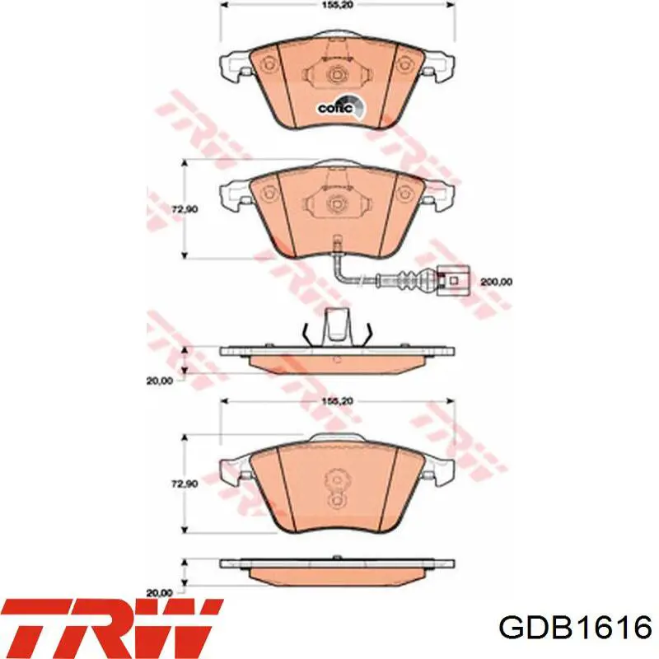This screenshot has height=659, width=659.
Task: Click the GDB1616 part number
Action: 575,629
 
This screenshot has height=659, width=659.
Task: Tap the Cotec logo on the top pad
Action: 341,107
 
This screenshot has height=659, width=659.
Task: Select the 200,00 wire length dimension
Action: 496,282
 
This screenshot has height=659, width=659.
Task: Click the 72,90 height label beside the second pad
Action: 185,209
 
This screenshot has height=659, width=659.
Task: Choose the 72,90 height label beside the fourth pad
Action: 185,484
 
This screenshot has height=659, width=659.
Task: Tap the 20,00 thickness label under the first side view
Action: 160,381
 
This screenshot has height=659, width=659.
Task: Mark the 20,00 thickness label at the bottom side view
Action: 160,593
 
